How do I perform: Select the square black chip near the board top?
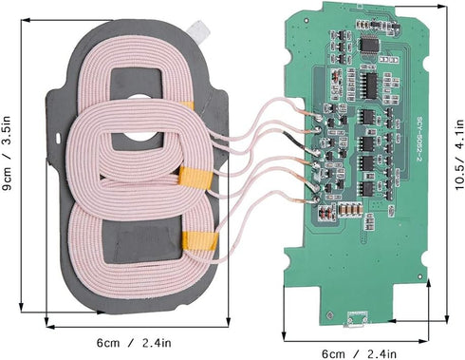click(373, 44)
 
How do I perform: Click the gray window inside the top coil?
click(143, 84)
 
